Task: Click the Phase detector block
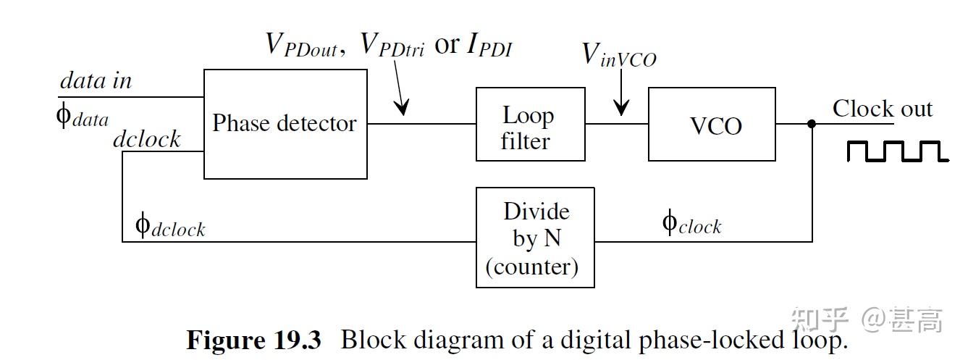(x=285, y=124)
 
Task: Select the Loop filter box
(x=529, y=125)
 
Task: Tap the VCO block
(x=711, y=125)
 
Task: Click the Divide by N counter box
(x=534, y=238)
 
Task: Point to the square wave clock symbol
(x=896, y=151)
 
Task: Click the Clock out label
(x=882, y=109)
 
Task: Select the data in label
(x=96, y=81)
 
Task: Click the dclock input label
(x=146, y=138)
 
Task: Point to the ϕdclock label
(x=170, y=225)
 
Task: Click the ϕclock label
(x=691, y=223)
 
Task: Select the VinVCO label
(x=619, y=54)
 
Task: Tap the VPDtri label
(x=392, y=45)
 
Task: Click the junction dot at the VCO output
(x=812, y=124)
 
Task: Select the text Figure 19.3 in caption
(x=253, y=339)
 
